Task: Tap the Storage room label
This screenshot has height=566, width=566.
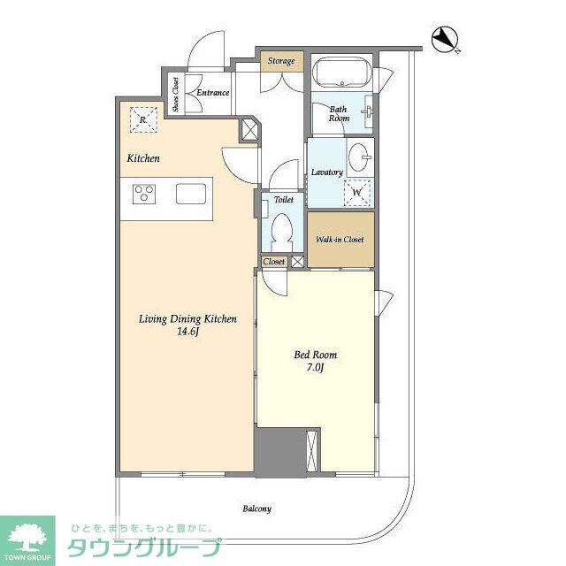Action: click(282, 61)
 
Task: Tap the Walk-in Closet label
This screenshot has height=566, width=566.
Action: click(340, 240)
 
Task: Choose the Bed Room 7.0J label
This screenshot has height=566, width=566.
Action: click(316, 361)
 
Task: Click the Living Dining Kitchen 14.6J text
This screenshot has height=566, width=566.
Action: click(187, 325)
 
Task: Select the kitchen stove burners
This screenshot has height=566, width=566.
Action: click(145, 193)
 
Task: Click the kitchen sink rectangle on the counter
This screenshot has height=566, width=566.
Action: click(191, 193)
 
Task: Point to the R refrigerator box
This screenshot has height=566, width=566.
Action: click(144, 118)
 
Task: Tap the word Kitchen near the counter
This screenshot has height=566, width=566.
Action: click(142, 159)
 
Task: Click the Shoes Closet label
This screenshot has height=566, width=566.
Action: click(176, 93)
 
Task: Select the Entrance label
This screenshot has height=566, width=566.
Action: click(213, 93)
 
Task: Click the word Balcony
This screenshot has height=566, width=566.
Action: click(256, 509)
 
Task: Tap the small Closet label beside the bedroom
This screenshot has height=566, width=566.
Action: click(273, 262)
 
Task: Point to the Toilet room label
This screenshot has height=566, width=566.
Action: click(283, 200)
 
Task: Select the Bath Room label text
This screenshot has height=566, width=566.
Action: click(340, 112)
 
